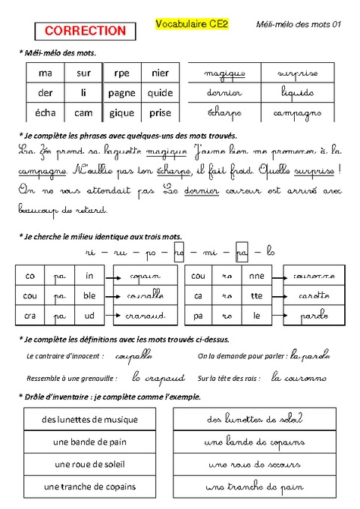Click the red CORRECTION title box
pyautogui.click(x=85, y=31)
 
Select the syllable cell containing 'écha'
pyautogui.click(x=45, y=113)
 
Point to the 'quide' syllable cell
pyautogui.click(x=160, y=93)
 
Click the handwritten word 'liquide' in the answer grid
pyautogui.click(x=298, y=94)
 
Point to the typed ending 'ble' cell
pyautogui.click(x=89, y=295)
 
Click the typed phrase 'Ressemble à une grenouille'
pyautogui.click(x=71, y=378)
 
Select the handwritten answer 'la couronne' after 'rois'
pyautogui.click(x=299, y=378)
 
